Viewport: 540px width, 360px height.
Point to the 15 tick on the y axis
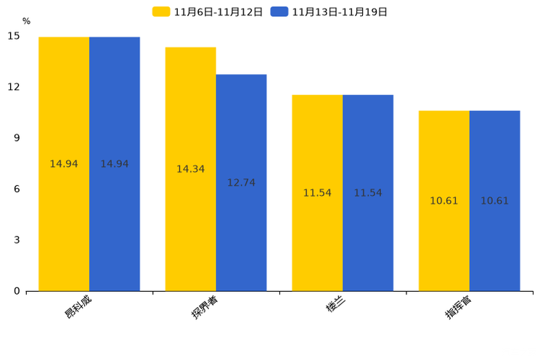point(14,36)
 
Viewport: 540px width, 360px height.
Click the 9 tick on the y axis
point(17,138)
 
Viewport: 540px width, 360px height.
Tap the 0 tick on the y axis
point(17,291)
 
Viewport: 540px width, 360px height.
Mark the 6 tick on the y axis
point(17,189)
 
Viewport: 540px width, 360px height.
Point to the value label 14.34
point(190,169)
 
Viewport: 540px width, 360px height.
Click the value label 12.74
point(241,183)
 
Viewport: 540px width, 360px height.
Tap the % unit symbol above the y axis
point(26,21)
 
